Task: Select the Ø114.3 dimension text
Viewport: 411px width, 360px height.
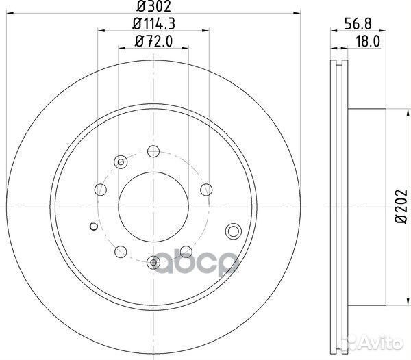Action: coord(153,25)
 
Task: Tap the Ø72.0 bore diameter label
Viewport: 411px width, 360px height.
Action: coord(153,43)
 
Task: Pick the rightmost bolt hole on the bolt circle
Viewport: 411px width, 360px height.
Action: coord(203,190)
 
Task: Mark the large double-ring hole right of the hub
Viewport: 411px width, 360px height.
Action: coord(233,231)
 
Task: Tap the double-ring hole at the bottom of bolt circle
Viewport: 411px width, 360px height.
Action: coord(153,261)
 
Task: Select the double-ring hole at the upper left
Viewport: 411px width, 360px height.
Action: coord(120,162)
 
